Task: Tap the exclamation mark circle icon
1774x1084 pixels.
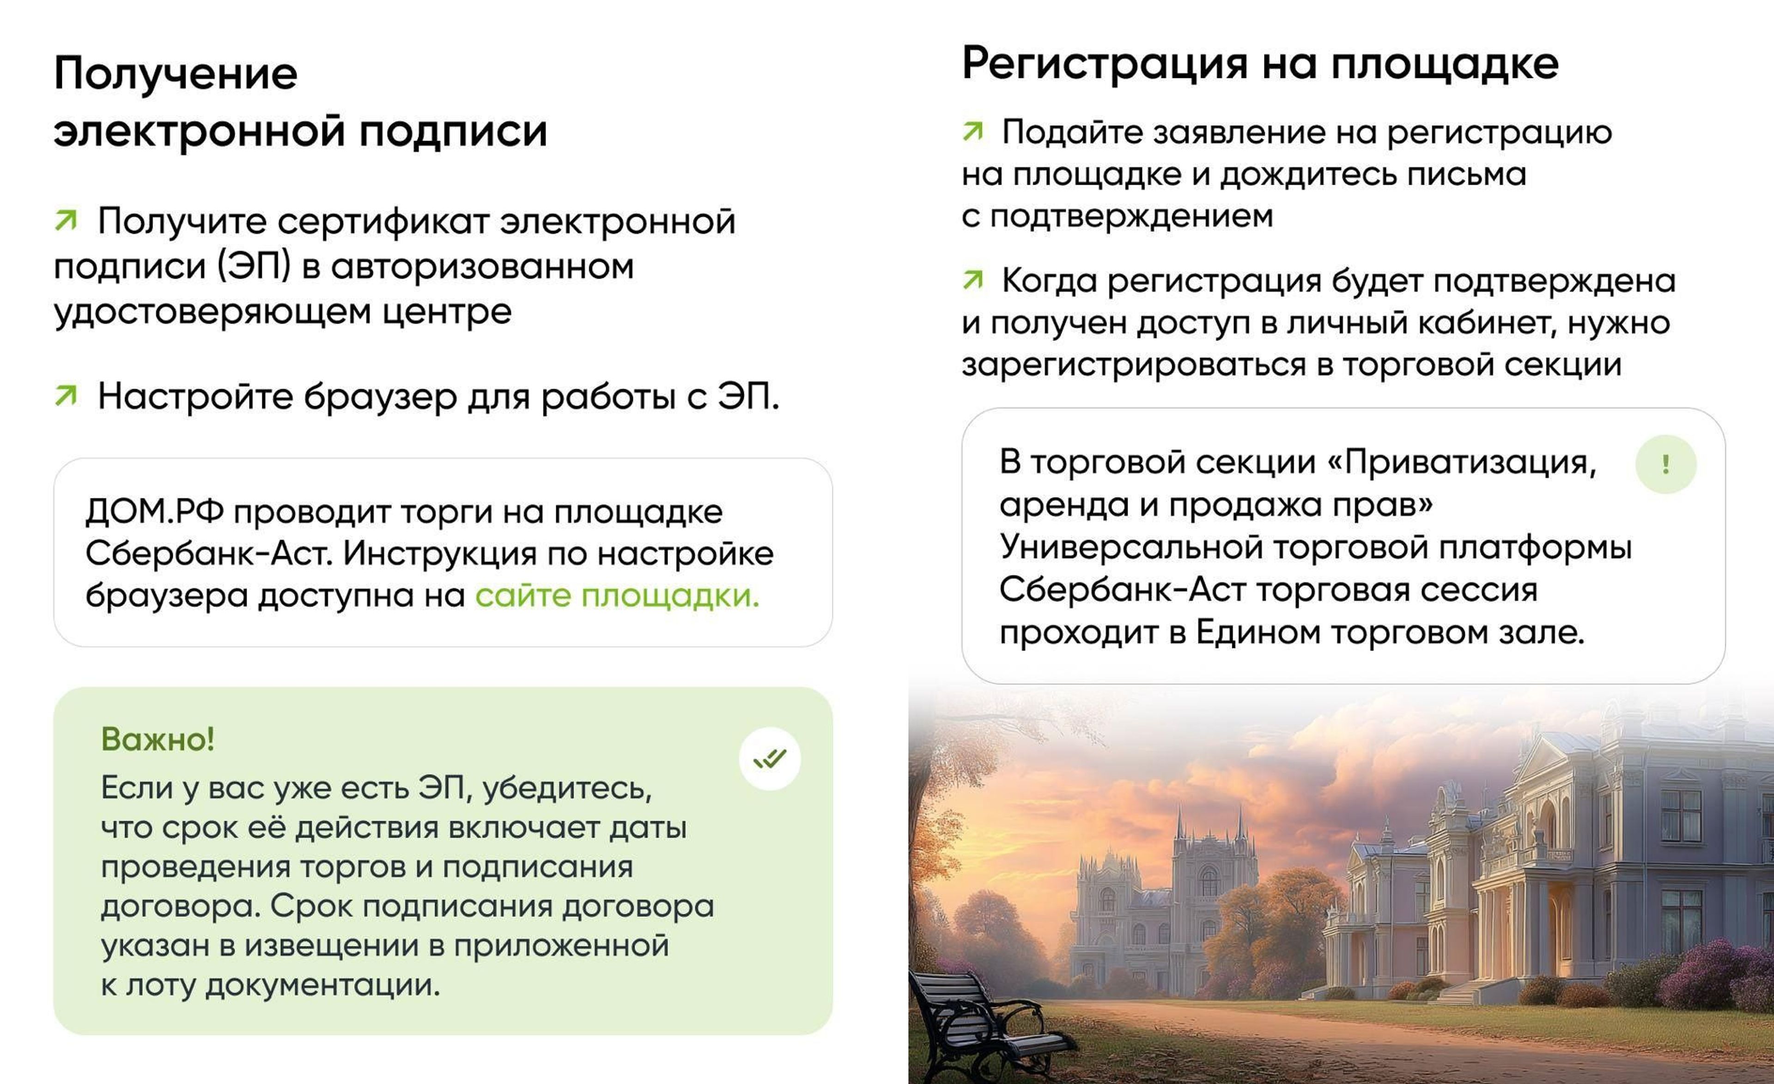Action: pos(1666,464)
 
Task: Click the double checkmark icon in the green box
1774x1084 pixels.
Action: pos(770,759)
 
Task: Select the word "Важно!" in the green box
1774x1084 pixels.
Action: pos(158,739)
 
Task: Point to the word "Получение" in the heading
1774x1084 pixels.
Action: pos(176,73)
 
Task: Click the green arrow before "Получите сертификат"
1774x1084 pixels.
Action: pos(66,220)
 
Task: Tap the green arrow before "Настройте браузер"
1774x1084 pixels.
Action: pos(66,395)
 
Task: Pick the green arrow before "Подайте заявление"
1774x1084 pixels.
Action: pos(972,131)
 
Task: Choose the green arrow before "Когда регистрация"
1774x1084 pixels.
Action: pos(972,279)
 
